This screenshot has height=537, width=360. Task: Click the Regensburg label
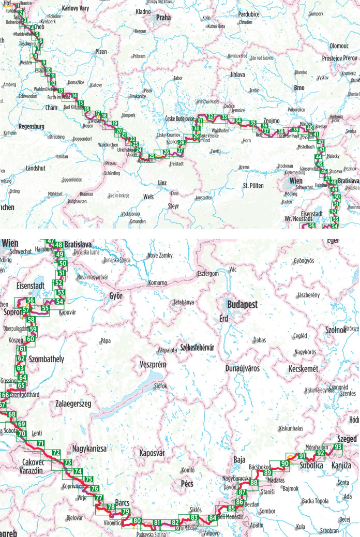pos(33,126)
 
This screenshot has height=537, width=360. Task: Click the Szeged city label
pos(346,439)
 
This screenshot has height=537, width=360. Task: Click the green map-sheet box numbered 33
pos(224,117)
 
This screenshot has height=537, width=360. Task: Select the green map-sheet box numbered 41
pos(316,135)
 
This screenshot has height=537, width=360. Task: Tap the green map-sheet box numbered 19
pos(114,123)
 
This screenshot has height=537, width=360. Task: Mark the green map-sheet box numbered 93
pos(338,447)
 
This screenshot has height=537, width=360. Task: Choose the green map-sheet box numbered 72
pos(56,453)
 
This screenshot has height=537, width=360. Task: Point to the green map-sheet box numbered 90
pos(284,463)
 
